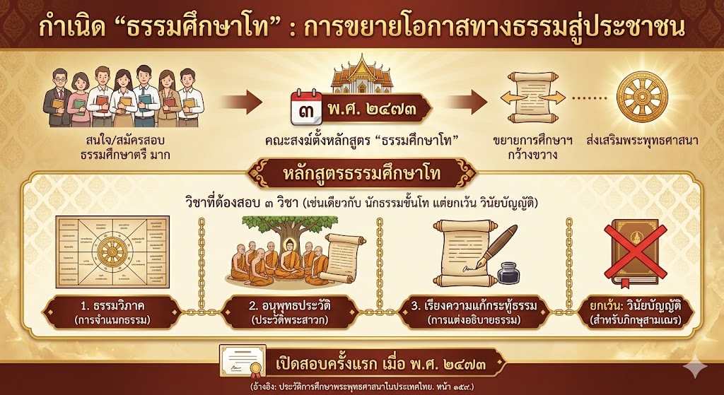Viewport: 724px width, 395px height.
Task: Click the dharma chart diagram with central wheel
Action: click(x=113, y=252)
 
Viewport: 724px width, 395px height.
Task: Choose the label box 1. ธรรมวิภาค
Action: click(x=113, y=312)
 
